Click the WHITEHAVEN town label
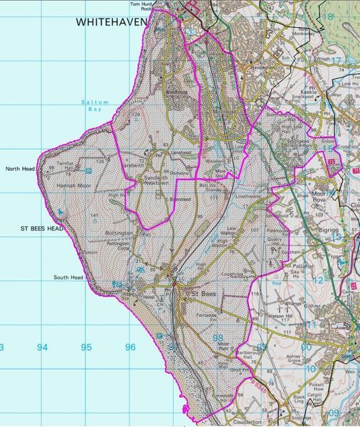pyautogui.click(x=111, y=23)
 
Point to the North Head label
pyautogui.click(x=19, y=169)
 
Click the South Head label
pyautogui.click(x=68, y=278)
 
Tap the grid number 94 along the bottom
pyautogui.click(x=43, y=347)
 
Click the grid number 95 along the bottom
pyautogui.click(x=86, y=347)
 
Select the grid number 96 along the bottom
pyautogui.click(x=129, y=347)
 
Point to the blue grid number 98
pyautogui.click(x=218, y=339)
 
